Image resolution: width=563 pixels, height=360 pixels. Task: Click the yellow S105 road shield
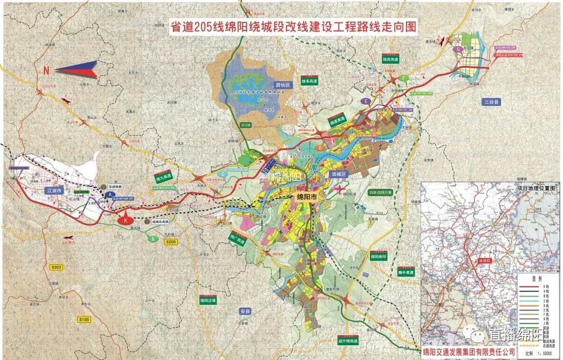pos(84,319)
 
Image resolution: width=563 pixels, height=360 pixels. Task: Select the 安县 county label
pos(244,310)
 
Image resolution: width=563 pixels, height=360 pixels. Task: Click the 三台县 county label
pos(491,102)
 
